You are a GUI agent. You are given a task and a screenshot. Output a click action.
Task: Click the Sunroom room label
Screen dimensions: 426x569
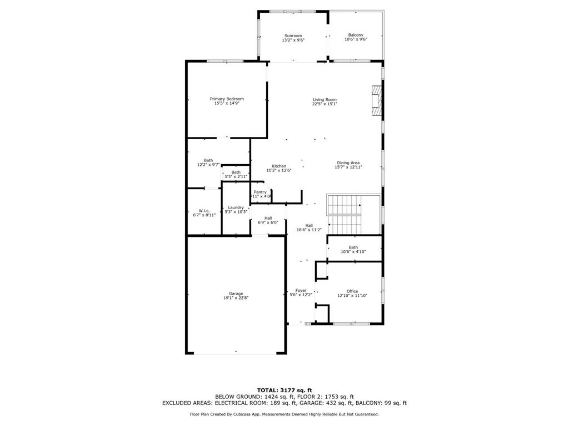click(293, 35)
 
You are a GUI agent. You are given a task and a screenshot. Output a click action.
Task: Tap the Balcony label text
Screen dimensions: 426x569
click(356, 35)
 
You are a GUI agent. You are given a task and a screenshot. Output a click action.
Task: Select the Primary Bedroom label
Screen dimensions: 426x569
click(227, 99)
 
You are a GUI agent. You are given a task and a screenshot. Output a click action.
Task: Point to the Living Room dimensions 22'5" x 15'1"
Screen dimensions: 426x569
click(325, 104)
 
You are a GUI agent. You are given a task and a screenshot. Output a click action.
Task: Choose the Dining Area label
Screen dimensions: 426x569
click(348, 163)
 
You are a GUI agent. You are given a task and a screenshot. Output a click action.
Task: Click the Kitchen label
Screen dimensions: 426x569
click(279, 166)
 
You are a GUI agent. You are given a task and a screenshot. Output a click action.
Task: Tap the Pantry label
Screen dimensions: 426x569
click(261, 192)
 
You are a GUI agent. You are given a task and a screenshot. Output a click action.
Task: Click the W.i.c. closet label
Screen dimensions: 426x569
click(204, 211)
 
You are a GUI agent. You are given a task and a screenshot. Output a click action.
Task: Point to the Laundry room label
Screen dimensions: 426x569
click(236, 207)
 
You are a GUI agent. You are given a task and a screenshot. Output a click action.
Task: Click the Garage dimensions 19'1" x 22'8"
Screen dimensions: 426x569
click(236, 298)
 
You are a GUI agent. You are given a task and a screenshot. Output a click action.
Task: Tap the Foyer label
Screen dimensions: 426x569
click(301, 290)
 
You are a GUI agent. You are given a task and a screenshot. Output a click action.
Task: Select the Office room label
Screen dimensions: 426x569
click(352, 291)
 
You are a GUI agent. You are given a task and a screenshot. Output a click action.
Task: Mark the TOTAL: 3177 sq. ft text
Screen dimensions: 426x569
click(284, 390)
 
